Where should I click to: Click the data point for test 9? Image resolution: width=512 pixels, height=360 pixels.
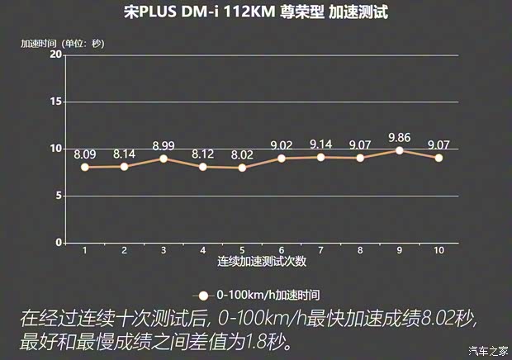pos(400,150)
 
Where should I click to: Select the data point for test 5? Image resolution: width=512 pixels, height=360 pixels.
pos(242,168)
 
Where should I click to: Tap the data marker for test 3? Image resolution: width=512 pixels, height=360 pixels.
pos(164,159)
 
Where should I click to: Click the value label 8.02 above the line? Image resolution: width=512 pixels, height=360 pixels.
pos(242,154)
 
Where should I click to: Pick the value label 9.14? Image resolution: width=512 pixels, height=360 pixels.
pos(321,144)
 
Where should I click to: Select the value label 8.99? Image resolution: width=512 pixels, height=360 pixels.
pos(164,145)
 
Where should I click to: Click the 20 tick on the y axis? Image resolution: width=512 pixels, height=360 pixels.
pos(56,54)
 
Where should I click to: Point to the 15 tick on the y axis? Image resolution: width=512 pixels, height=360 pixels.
pos(56,102)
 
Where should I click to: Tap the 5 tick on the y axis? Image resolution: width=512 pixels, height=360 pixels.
pos(59,196)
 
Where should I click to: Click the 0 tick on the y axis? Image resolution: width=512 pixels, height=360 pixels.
pos(59,243)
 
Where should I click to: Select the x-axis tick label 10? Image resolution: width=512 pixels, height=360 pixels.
pos(439,250)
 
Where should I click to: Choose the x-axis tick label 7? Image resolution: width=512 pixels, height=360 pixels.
pos(321,250)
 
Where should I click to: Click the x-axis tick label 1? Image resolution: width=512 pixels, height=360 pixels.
pos(85,250)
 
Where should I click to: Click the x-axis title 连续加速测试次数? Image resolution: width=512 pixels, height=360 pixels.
pos(262,262)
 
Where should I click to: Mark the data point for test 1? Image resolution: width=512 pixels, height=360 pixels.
pos(85,167)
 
